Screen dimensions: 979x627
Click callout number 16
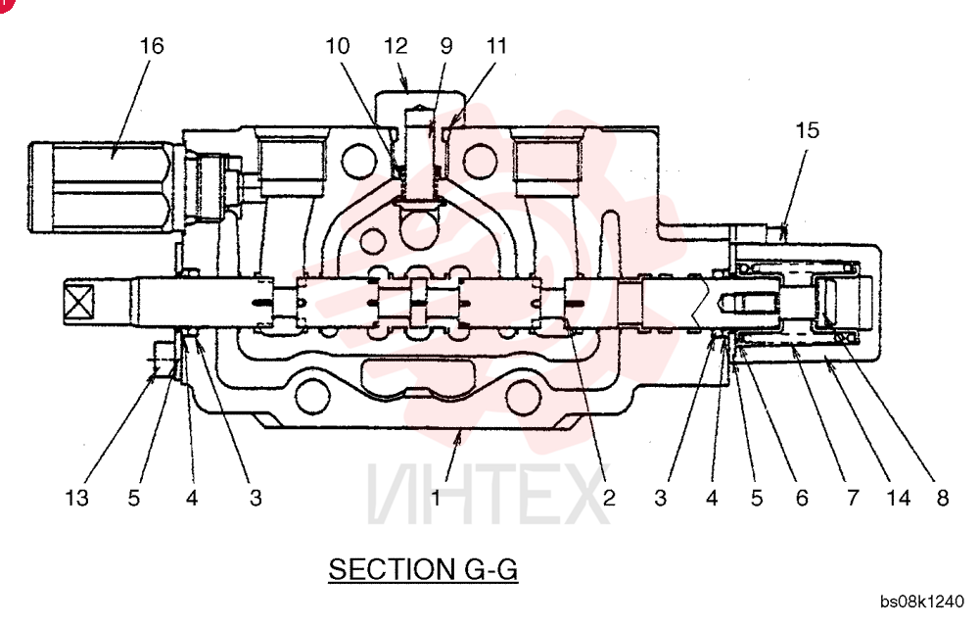[152, 46]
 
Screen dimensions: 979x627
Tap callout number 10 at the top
[338, 46]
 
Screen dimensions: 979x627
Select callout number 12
[396, 46]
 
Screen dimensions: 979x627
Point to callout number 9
[446, 46]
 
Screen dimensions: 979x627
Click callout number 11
[496, 46]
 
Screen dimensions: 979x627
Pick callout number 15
[807, 130]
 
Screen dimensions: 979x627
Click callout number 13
[76, 498]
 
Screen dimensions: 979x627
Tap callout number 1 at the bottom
[436, 498]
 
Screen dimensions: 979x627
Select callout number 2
[609, 498]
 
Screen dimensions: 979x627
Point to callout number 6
[802, 498]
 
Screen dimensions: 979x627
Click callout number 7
[853, 498]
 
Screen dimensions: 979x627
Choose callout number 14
[899, 498]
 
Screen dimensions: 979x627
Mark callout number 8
[942, 498]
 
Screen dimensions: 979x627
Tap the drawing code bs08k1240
[922, 602]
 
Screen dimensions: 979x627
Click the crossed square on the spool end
[78, 303]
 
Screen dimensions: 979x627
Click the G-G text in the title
[491, 569]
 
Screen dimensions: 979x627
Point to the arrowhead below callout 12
[406, 86]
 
